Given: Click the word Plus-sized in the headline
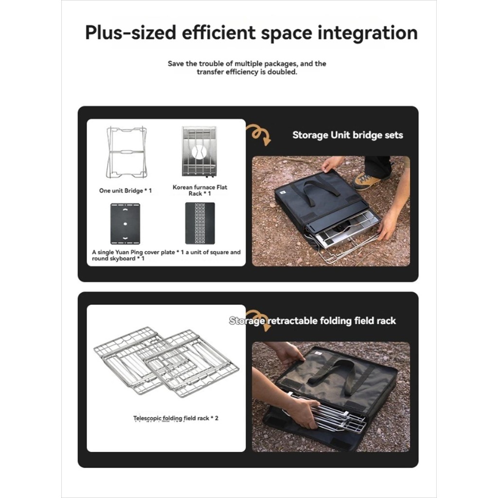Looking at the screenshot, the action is (130, 34).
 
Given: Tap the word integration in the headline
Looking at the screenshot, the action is (368, 34).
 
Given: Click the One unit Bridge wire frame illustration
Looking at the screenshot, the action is (126, 152).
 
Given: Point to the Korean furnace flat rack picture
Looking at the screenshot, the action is (199, 151).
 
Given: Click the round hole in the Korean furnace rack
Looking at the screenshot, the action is (199, 152).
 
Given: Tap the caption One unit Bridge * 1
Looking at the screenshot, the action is (125, 191).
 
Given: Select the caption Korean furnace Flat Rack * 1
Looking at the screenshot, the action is (200, 190).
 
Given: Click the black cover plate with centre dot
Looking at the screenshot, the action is (125, 224).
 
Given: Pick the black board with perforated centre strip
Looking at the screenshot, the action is (200, 223).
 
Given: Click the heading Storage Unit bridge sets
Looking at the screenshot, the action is (347, 135).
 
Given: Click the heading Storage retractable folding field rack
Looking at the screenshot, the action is (313, 321).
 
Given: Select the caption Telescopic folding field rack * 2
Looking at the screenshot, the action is (176, 418).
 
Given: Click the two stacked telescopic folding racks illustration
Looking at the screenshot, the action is (166, 362).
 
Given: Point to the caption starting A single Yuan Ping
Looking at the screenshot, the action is (166, 255).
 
